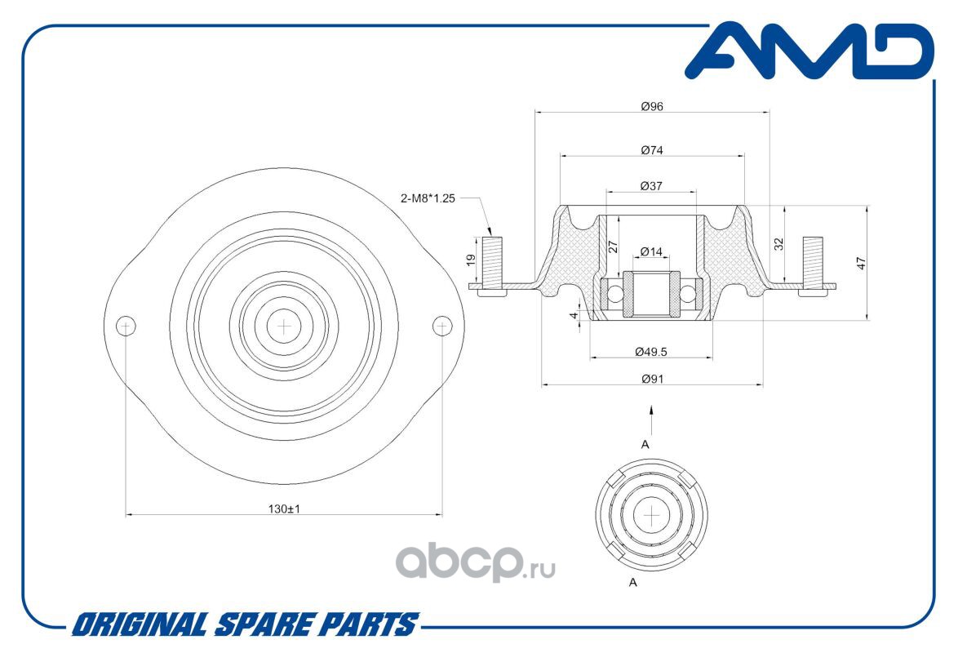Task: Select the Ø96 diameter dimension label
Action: (x=652, y=106)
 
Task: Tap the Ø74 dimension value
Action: (x=652, y=150)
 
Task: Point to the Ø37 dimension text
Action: (x=651, y=186)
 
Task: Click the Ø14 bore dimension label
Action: (x=651, y=251)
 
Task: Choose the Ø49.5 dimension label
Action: (x=650, y=352)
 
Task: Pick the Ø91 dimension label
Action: (x=653, y=379)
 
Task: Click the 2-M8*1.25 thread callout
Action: (x=428, y=198)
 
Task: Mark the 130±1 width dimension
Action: (x=284, y=509)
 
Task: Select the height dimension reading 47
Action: (x=862, y=264)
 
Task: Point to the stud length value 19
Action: (x=471, y=260)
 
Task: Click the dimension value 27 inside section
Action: (x=614, y=247)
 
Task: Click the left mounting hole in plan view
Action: (x=126, y=326)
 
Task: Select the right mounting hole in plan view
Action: (x=442, y=326)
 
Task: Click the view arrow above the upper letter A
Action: (x=652, y=420)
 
